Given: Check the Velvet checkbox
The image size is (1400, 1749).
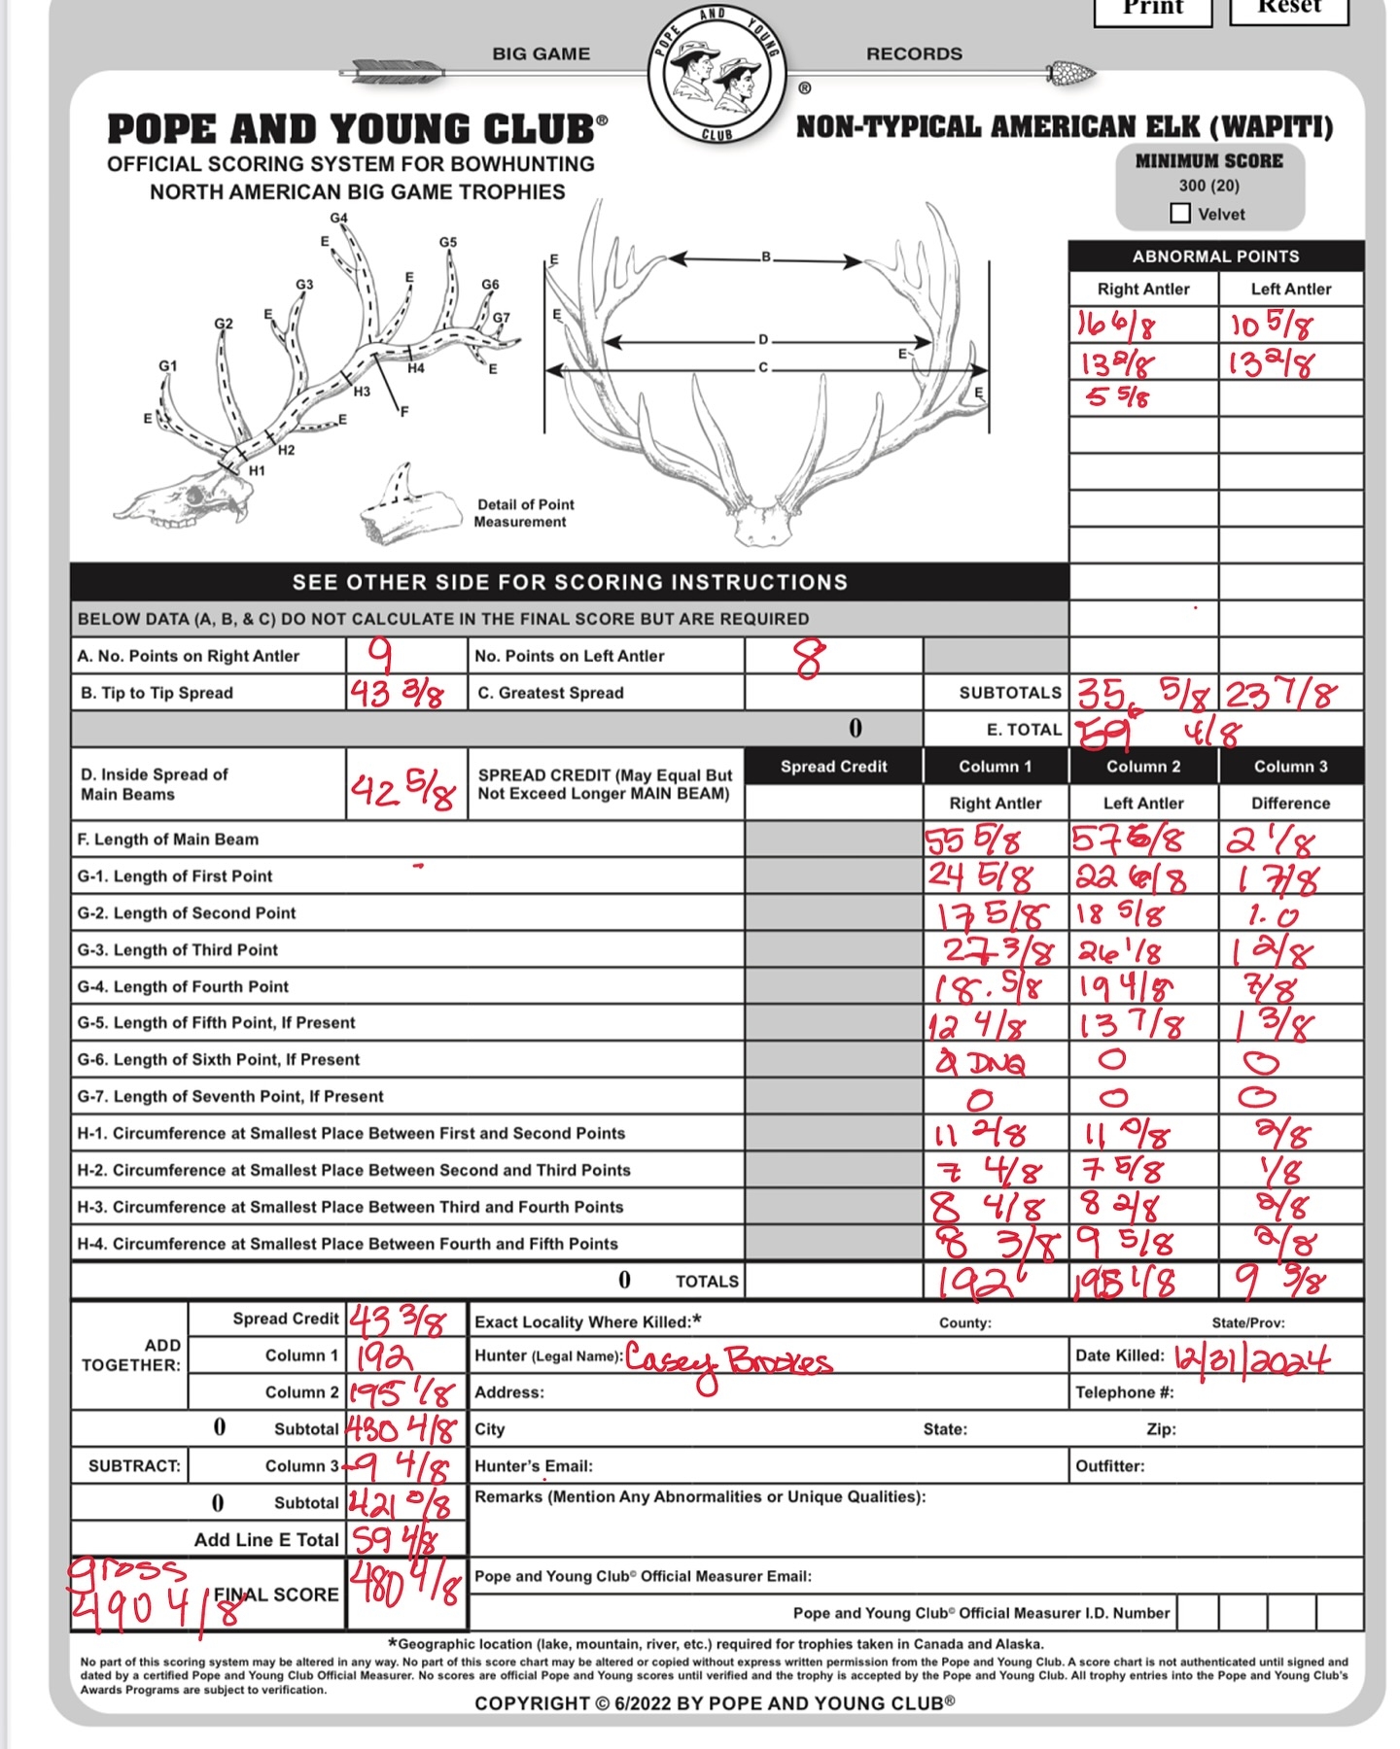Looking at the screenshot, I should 1180,213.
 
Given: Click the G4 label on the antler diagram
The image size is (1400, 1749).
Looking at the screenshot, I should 338,219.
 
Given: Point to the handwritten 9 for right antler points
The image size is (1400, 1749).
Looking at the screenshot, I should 380,655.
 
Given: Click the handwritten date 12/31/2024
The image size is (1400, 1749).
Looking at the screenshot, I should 1251,1357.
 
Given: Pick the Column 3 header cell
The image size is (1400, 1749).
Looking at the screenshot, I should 1290,767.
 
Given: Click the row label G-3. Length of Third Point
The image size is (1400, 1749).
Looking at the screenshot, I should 178,949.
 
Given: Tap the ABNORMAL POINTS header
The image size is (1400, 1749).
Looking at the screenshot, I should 1215,257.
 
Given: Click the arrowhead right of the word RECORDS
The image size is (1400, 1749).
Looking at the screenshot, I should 1071,72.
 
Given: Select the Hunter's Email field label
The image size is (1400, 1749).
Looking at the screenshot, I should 534,1465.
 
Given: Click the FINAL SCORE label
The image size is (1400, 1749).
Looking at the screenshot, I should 276,1595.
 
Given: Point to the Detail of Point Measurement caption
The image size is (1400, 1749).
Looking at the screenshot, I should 525,513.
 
